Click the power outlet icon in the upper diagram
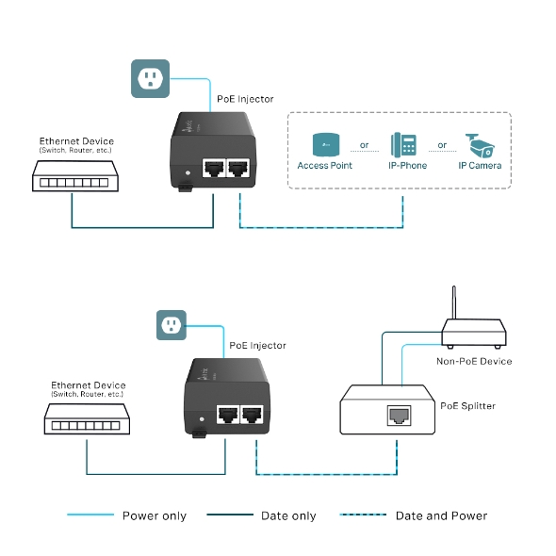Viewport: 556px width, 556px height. (149, 77)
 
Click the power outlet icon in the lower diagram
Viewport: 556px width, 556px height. (172, 325)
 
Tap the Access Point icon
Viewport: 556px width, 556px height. (326, 145)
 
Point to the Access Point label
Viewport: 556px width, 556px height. (325, 166)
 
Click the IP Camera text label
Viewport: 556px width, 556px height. (480, 166)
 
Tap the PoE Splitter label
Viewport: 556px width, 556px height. (467, 406)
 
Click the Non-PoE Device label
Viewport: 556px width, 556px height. (474, 361)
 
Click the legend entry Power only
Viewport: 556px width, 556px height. (154, 515)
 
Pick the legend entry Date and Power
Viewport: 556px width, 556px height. (441, 515)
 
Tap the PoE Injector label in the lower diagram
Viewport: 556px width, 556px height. (257, 346)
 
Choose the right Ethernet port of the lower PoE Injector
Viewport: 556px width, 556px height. (252, 415)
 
